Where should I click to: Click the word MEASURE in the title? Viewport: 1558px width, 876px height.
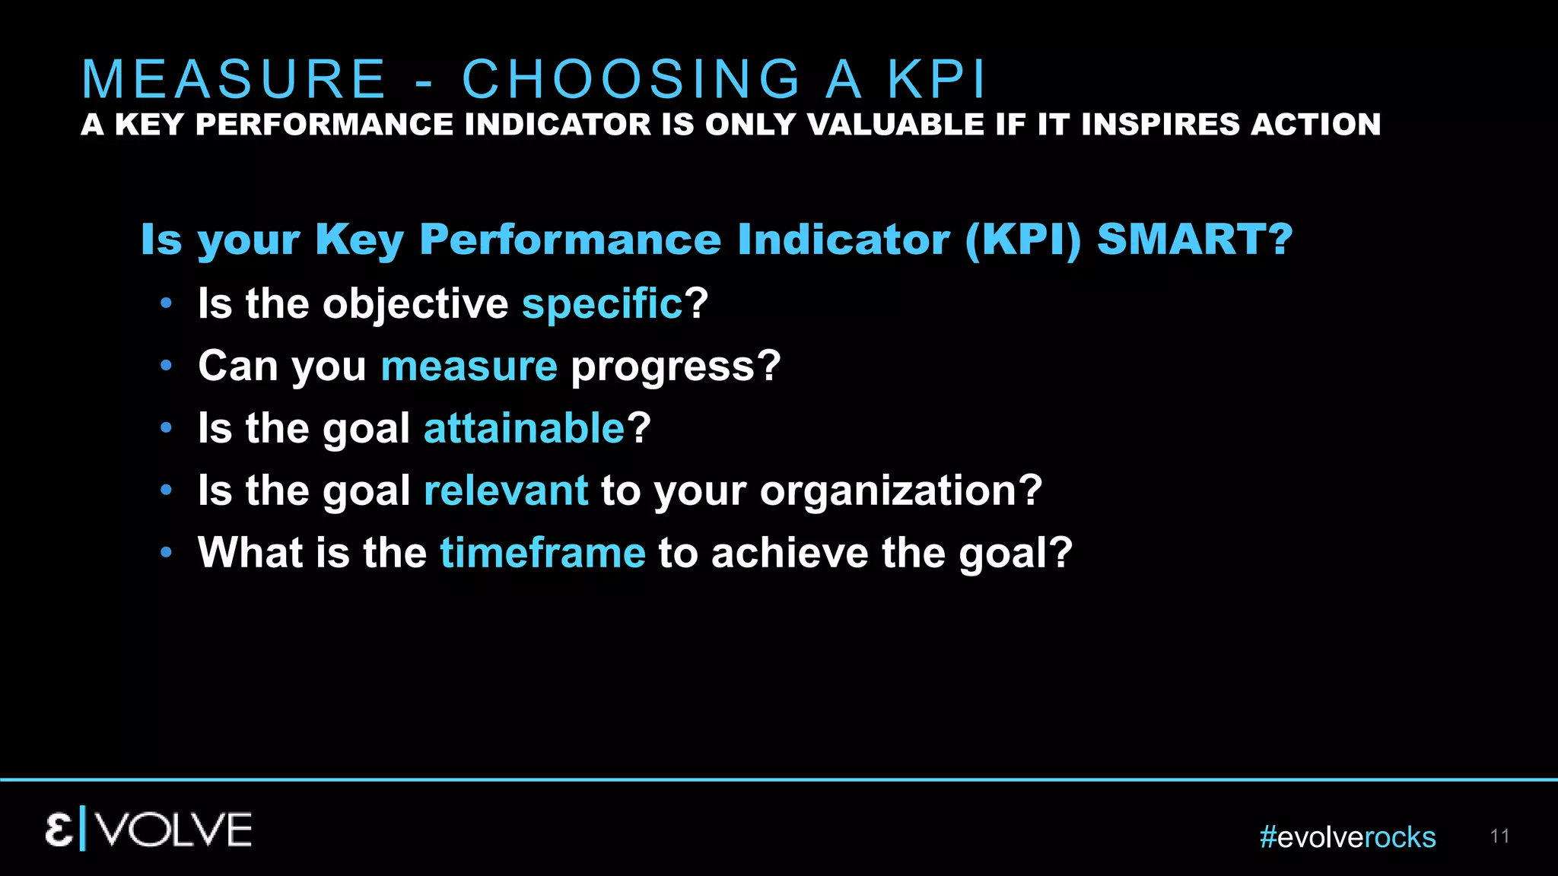(x=234, y=79)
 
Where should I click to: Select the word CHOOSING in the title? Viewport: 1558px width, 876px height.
(x=632, y=79)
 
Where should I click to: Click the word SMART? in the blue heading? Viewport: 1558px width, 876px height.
(x=1194, y=240)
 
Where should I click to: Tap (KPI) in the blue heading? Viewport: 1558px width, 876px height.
(x=1022, y=240)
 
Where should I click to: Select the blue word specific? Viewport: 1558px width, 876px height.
(x=603, y=304)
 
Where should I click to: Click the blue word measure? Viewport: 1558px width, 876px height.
(x=469, y=367)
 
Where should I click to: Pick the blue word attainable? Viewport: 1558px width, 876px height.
(x=524, y=428)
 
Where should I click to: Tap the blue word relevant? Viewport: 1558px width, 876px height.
(x=506, y=490)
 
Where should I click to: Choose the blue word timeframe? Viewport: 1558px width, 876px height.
(x=542, y=553)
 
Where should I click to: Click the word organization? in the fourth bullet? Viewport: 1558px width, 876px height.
(x=901, y=490)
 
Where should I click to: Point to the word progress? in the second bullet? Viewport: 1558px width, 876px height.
(x=676, y=367)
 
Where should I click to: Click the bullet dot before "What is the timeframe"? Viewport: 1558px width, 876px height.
(x=167, y=553)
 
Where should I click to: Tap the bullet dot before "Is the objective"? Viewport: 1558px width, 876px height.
(x=167, y=304)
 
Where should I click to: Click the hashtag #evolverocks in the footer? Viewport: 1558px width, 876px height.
(x=1347, y=837)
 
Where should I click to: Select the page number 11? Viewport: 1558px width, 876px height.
(x=1499, y=836)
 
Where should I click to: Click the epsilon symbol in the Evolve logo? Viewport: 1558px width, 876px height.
(x=59, y=830)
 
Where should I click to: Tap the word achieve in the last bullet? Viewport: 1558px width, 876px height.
(x=790, y=553)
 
